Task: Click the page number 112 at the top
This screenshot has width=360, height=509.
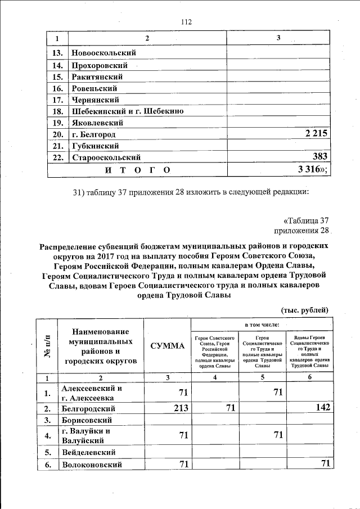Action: point(186,22)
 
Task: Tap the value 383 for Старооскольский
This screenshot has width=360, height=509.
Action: point(321,157)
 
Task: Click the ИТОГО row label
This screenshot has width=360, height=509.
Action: point(130,169)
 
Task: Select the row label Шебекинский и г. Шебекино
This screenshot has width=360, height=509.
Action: point(128,111)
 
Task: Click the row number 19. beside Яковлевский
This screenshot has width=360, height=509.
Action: point(57,123)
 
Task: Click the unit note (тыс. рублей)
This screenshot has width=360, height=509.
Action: point(304,310)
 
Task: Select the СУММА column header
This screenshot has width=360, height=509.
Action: point(167,345)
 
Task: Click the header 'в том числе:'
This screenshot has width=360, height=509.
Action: point(262,326)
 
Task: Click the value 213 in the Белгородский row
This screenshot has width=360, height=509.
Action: point(180,408)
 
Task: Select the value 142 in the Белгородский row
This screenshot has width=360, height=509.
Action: point(322,408)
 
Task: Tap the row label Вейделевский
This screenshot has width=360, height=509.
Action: point(89,452)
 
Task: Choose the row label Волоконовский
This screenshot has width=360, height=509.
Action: point(92,464)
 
